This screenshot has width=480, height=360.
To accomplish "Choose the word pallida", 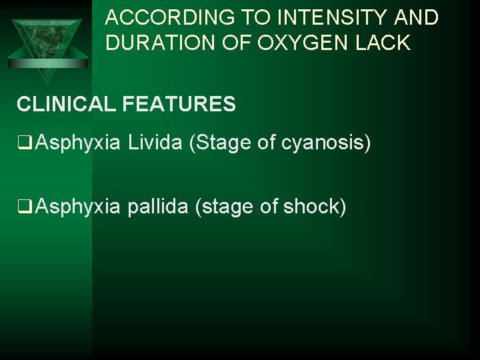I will (157, 207).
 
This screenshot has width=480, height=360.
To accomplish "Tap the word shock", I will (312, 207).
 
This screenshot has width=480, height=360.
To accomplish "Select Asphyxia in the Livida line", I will (78, 142).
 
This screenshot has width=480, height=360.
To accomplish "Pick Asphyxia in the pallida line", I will (78, 207).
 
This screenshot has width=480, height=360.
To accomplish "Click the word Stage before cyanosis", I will (222, 142).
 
